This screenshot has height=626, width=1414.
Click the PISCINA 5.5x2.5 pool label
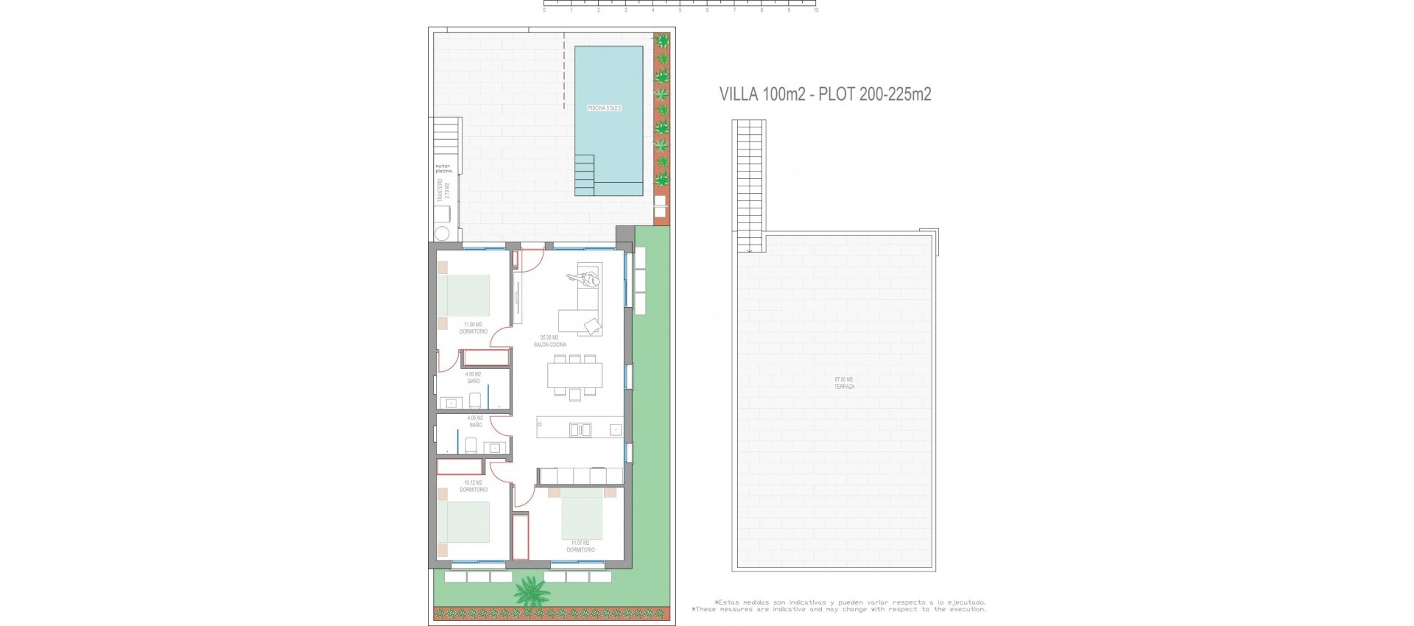pyautogui.click(x=604, y=108)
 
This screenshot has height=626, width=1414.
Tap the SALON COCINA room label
pyautogui.click(x=552, y=341)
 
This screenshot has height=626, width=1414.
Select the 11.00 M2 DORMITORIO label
pyautogui.click(x=473, y=328)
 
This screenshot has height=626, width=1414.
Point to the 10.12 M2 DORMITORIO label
pyautogui.click(x=473, y=486)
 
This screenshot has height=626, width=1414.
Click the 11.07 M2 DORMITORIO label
pyautogui.click(x=581, y=546)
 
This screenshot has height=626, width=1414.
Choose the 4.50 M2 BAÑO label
pyautogui.click(x=473, y=378)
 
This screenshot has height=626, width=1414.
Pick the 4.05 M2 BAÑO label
pyautogui.click(x=475, y=421)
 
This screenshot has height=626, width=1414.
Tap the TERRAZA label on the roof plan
pyautogui.click(x=844, y=383)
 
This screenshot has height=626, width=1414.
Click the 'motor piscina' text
pyautogui.click(x=443, y=169)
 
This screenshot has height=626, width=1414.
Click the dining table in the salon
pyautogui.click(x=574, y=376)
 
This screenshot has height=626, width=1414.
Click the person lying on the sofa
pyautogui.click(x=583, y=279)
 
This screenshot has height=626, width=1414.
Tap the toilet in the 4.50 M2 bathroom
pyautogui.click(x=475, y=400)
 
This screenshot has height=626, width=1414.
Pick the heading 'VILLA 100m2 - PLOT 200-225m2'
pyautogui.click(x=825, y=94)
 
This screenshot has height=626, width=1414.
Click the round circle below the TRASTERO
pyautogui.click(x=443, y=234)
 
